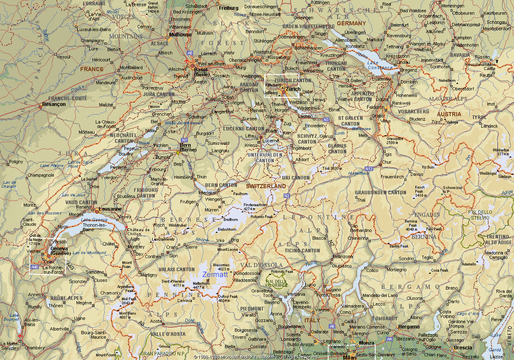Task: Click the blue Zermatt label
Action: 215,274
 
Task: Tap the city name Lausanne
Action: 110,209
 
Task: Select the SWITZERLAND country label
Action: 266,186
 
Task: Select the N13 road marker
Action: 369,169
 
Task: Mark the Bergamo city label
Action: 409,327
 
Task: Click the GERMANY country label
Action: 351,23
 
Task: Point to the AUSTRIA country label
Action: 449,114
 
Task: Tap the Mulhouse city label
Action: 180,35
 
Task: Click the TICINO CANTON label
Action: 302,250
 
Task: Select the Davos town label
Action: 417,174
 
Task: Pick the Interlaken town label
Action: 208,193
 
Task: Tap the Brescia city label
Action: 463,348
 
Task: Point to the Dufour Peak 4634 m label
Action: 228,298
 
